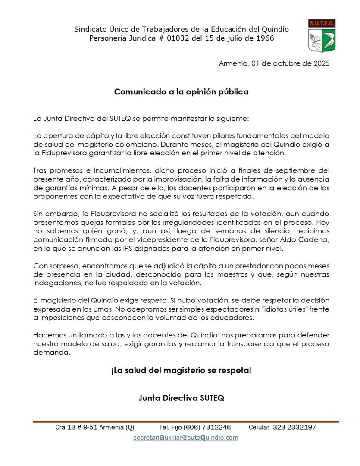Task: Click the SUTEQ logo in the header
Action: pos(322,36)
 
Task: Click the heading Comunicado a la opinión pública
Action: pos(181,92)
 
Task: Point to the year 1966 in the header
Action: pos(264,38)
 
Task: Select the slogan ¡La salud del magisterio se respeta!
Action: pos(181,370)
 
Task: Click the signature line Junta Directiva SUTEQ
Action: pos(181,398)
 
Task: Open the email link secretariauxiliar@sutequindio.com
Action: pos(185,438)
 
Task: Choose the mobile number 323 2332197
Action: pos(294,428)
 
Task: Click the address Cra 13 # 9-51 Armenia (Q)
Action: pos(94,428)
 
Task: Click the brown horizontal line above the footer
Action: pos(185,422)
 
